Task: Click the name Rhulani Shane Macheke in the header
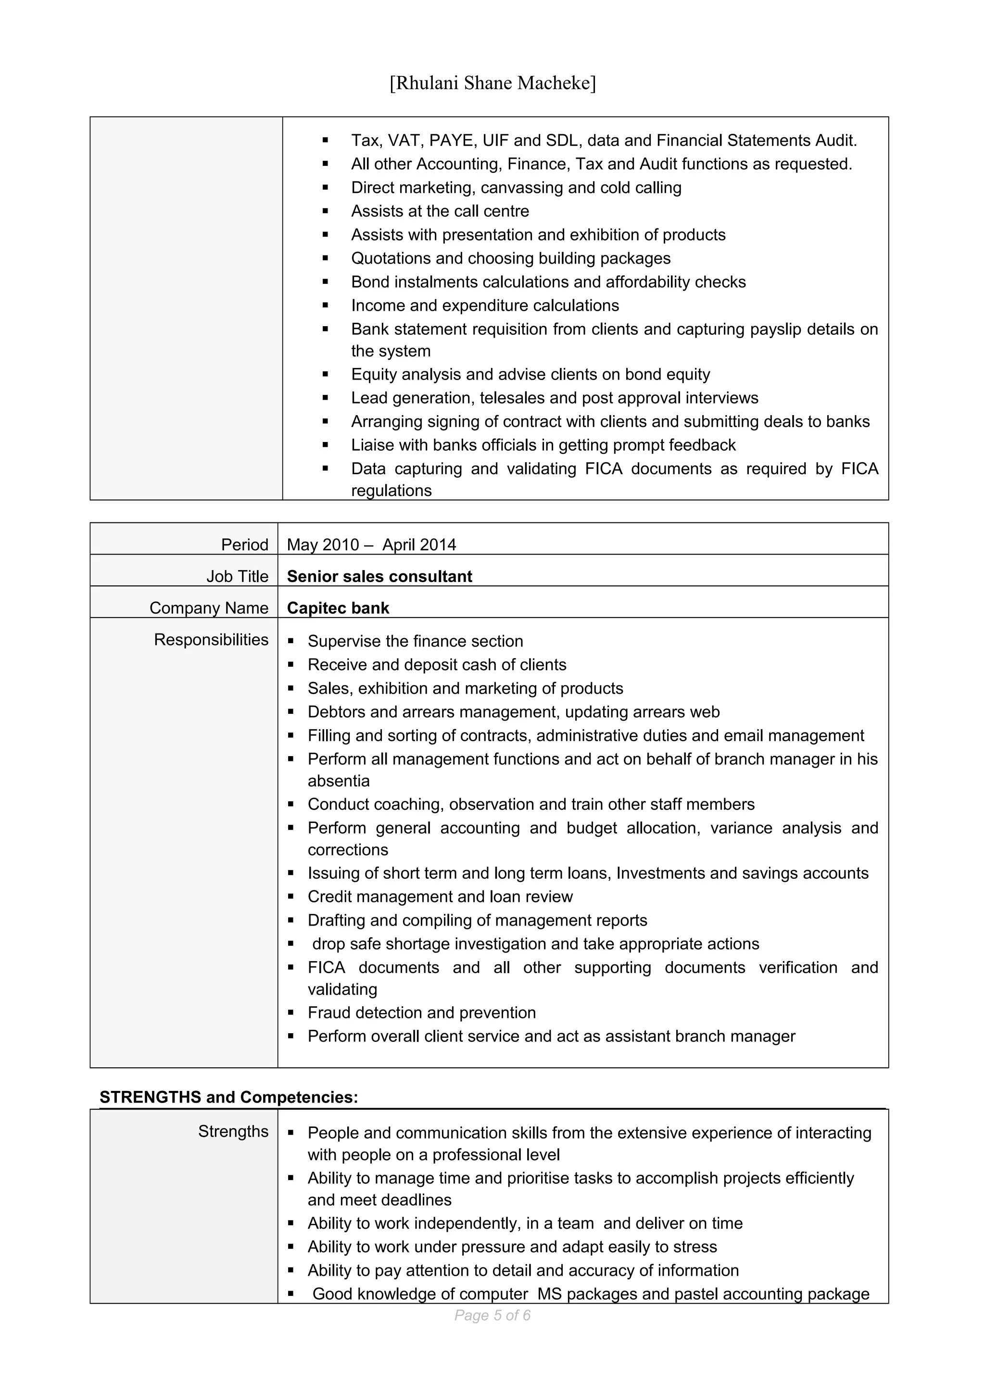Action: (x=492, y=83)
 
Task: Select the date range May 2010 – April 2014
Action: (x=371, y=545)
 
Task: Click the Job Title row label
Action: (x=237, y=576)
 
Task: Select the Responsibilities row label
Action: (x=211, y=639)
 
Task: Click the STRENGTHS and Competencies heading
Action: (x=229, y=1097)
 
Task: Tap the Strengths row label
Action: (x=233, y=1131)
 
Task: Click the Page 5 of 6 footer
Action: (x=492, y=1315)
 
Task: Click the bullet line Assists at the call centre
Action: (x=440, y=211)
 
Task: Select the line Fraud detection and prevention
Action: (x=421, y=1013)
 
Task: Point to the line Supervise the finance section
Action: (x=415, y=641)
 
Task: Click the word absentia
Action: (x=338, y=781)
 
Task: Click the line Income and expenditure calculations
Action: (x=484, y=305)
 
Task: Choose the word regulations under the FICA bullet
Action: (x=391, y=491)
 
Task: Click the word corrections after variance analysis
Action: (x=347, y=850)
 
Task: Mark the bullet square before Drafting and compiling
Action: (x=291, y=920)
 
